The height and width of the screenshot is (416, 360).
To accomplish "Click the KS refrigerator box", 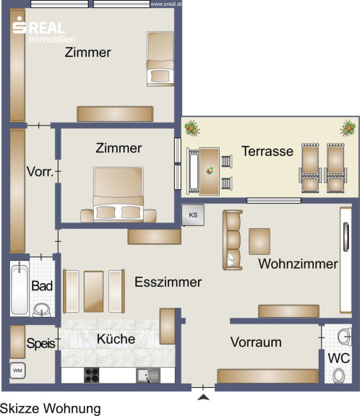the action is pos(193,215).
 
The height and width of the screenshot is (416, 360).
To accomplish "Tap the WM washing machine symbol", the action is pos(17,370).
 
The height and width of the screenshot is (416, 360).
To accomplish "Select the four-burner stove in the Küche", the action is pos(92,375).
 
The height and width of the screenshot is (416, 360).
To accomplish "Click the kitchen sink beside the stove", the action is pos(148,376).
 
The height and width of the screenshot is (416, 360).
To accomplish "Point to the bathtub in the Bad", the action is pos(20,288).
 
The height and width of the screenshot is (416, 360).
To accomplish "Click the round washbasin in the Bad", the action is pos(42,310).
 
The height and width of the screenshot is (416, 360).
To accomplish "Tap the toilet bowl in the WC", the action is pos(339,376).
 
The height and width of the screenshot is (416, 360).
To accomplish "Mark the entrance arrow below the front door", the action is pos(203,397).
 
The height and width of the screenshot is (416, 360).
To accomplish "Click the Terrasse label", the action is pos(267,151).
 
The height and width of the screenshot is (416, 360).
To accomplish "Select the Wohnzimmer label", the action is pos(298,264).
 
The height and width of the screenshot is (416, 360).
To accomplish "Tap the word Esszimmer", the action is pos(168,282).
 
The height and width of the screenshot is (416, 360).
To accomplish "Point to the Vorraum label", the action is pos(256,342).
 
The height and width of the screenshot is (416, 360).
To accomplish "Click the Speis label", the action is pos(41,344).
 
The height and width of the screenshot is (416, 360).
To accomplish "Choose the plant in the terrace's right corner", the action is pos(348,128).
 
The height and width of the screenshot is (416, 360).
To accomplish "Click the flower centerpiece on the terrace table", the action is pos(210,171).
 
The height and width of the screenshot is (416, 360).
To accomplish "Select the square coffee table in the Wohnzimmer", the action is pos(260,241).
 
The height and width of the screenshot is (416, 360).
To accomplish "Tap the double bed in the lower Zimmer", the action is pos(118,194).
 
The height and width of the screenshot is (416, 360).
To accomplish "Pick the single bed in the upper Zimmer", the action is pos(160,58).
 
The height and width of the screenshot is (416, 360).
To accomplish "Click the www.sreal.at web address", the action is pos(166,4).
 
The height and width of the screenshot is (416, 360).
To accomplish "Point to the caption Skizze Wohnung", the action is pos(51,409).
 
